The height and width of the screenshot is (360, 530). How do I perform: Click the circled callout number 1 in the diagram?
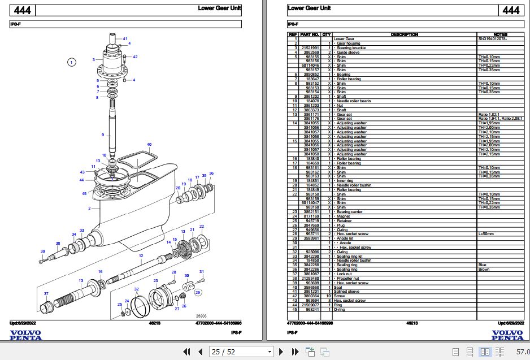[x=71, y=62]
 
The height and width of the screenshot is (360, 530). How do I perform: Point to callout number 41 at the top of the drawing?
[x=125, y=38]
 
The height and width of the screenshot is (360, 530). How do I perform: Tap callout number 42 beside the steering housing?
[x=134, y=57]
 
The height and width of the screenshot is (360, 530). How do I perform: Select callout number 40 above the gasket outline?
[x=149, y=145]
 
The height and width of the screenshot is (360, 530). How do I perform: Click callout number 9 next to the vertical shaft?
[x=103, y=135]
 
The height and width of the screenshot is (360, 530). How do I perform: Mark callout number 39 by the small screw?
[x=42, y=251]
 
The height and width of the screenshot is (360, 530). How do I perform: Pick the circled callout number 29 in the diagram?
[x=198, y=292]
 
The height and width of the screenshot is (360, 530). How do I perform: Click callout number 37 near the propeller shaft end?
[x=46, y=293]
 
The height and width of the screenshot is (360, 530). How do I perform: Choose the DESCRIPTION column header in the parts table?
[x=404, y=34]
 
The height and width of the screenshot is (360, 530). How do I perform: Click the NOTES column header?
[x=500, y=34]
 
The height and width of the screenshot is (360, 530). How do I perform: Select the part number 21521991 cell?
[x=310, y=48]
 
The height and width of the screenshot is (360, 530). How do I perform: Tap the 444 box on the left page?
[x=23, y=11]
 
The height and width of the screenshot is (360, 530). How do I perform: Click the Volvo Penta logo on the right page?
[x=507, y=335]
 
